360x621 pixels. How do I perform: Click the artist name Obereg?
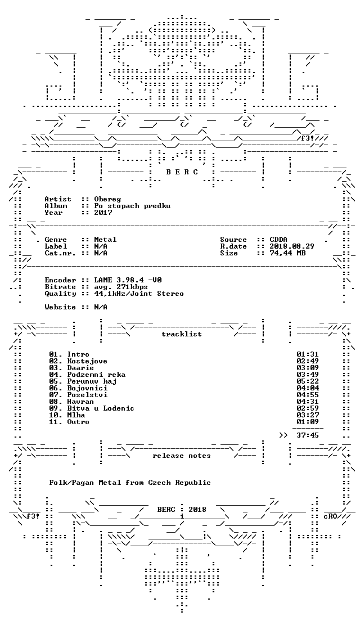tap(107, 199)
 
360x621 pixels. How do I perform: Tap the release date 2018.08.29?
tap(292, 246)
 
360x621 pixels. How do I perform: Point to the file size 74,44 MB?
tap(287, 253)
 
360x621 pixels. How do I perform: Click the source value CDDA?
tap(278, 240)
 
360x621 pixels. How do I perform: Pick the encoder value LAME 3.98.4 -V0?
tap(128, 280)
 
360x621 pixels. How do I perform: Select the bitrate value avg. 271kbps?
tap(121, 287)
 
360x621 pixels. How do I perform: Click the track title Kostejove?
tap(87, 361)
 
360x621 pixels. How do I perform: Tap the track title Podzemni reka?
tap(96, 375)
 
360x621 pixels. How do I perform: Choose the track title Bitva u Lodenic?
tap(101, 408)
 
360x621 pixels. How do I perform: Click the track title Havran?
tap(80, 402)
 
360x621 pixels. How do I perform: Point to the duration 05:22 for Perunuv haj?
tap(307, 381)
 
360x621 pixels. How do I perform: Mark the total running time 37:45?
tap(307, 435)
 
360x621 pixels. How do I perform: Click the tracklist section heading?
tap(181, 334)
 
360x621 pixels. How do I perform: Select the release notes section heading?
tap(181, 456)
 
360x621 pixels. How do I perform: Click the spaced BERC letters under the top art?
tap(181, 172)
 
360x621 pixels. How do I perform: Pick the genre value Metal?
tap(105, 240)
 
